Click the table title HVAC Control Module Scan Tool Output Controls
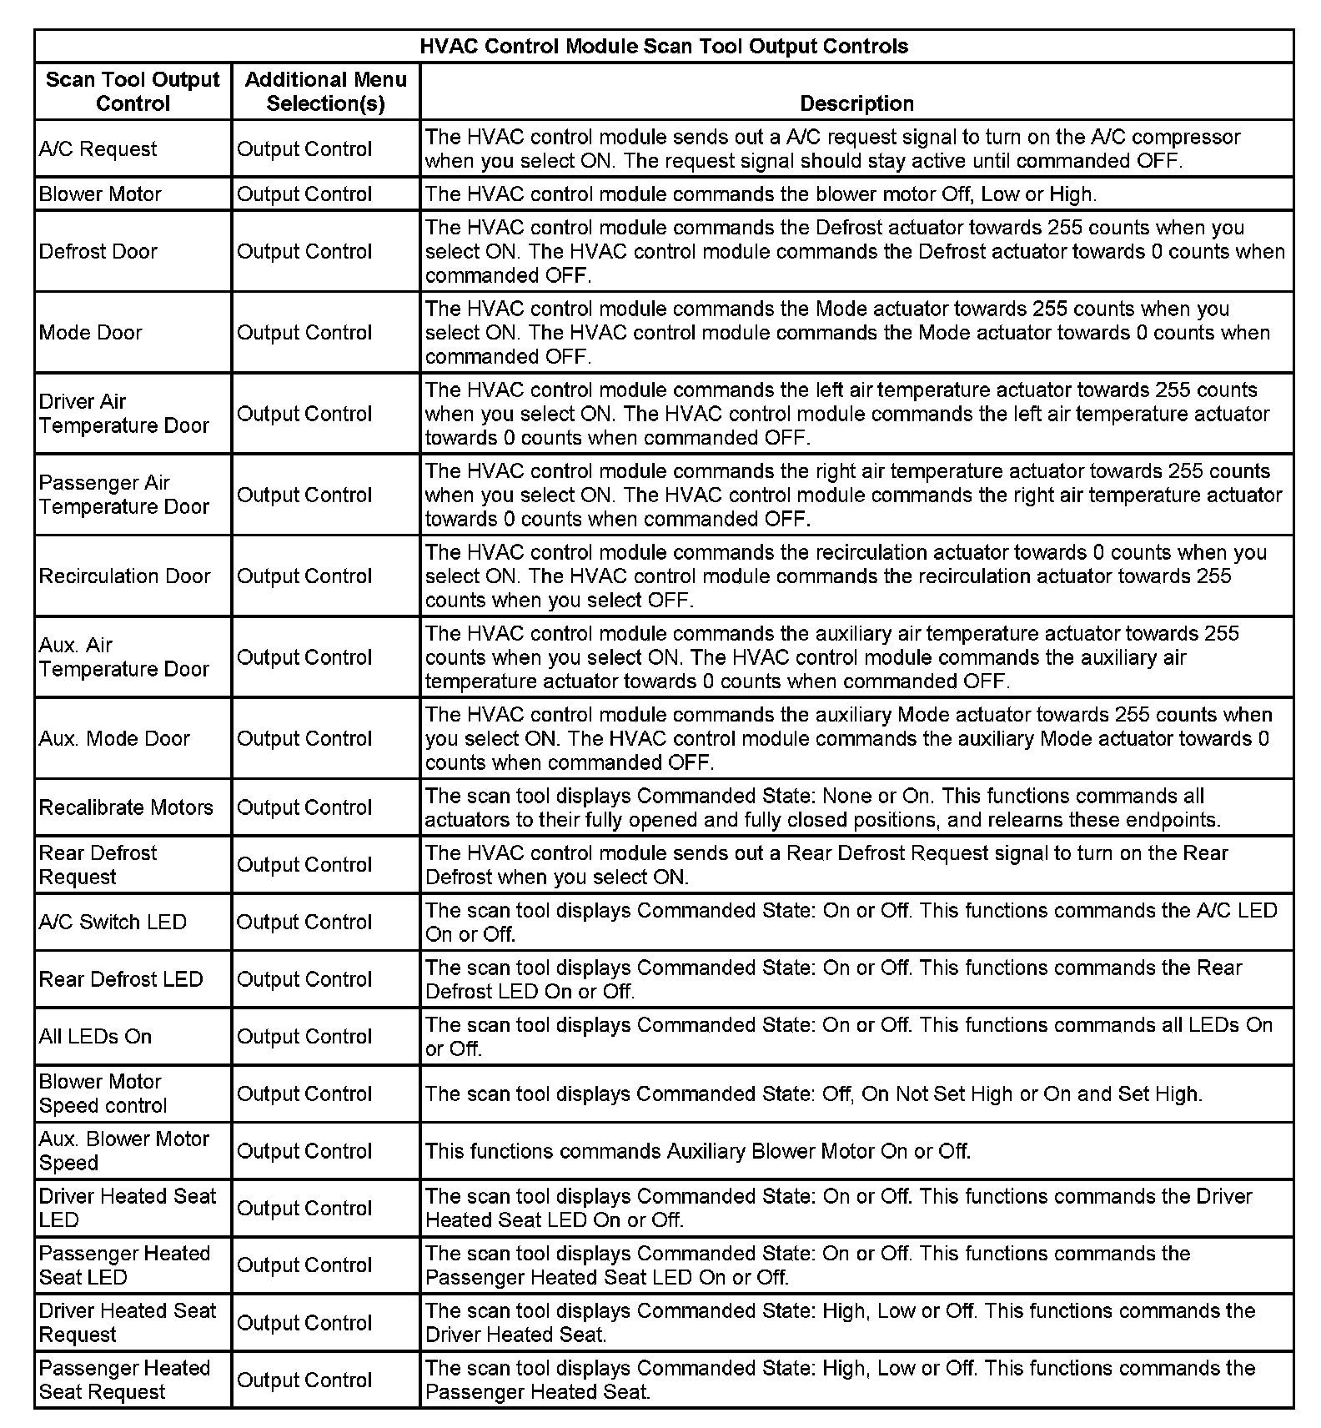[x=664, y=46]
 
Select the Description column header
[x=856, y=103]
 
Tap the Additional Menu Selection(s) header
[x=325, y=91]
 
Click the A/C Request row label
[x=98, y=148]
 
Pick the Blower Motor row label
[x=100, y=194]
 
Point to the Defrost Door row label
[x=98, y=251]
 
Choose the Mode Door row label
[x=90, y=332]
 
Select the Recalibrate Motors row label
[x=126, y=807]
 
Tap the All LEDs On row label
[x=95, y=1036]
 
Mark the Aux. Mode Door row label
[x=114, y=738]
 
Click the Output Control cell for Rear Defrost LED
[x=304, y=979]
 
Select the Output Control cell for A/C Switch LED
[x=304, y=922]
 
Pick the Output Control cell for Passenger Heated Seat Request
[x=304, y=1380]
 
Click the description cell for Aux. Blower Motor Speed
[x=698, y=1151]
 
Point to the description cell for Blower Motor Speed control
[x=813, y=1094]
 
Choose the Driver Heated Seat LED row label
[x=127, y=1208]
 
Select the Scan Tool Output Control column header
[x=133, y=91]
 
